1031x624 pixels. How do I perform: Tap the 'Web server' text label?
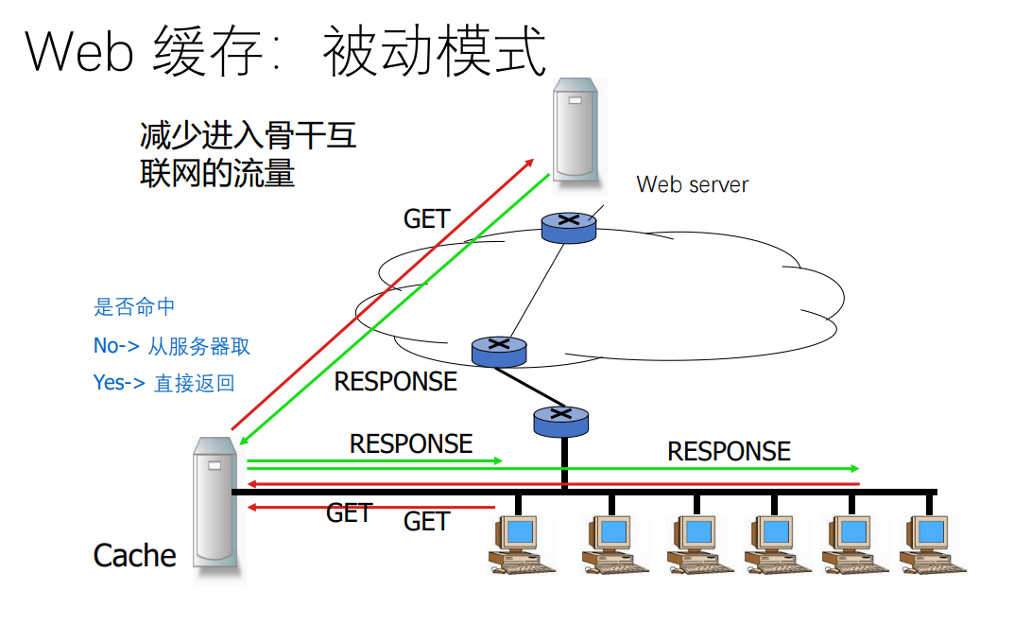tap(693, 184)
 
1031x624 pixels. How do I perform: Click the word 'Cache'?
tap(135, 556)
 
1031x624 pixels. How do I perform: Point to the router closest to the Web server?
tap(569, 228)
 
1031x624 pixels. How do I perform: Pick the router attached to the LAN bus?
tap(561, 422)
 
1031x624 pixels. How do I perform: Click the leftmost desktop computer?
tap(521, 544)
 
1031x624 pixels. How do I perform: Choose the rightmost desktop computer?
tap(932, 544)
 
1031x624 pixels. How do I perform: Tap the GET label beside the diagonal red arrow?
tap(427, 219)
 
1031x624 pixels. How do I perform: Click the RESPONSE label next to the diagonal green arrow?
tap(396, 381)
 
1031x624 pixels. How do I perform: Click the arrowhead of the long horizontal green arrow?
tap(855, 468)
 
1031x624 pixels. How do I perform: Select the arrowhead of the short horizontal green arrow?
tap(498, 461)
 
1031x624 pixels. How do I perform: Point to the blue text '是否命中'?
tap(134, 306)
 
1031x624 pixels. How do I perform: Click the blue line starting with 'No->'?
tap(172, 346)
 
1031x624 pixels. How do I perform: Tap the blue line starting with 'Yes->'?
tap(163, 383)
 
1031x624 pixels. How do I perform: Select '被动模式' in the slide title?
tap(434, 51)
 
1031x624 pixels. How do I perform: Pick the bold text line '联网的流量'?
tap(217, 174)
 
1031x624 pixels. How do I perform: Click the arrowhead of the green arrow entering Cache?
tap(244, 440)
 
